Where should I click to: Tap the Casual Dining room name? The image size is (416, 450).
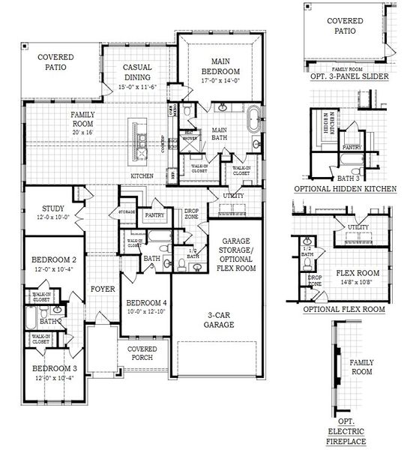[137, 72]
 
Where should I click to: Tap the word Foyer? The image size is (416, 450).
[101, 289]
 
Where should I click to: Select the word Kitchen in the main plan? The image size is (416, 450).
[142, 175]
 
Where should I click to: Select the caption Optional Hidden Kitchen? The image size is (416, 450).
[345, 189]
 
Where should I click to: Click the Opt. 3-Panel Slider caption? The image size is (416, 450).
[344, 76]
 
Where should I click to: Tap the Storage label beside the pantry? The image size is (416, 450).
[127, 213]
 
